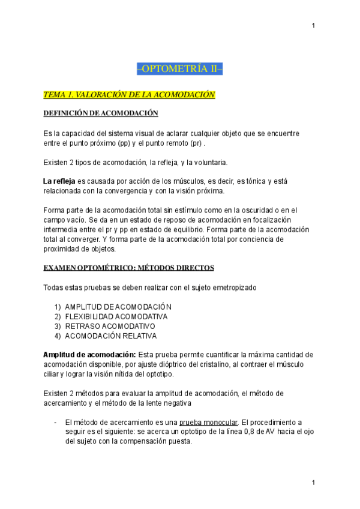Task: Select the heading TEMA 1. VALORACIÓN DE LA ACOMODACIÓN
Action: [129, 95]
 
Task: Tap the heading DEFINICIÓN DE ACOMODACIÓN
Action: [101, 113]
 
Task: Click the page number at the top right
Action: [314, 25]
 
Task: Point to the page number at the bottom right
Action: [314, 483]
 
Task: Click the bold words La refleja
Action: [59, 182]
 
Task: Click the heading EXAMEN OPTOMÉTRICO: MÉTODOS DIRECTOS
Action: [128, 267]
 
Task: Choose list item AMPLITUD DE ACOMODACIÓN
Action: [118, 307]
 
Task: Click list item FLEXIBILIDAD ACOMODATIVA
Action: [116, 316]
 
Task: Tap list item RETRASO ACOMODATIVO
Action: [110, 326]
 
